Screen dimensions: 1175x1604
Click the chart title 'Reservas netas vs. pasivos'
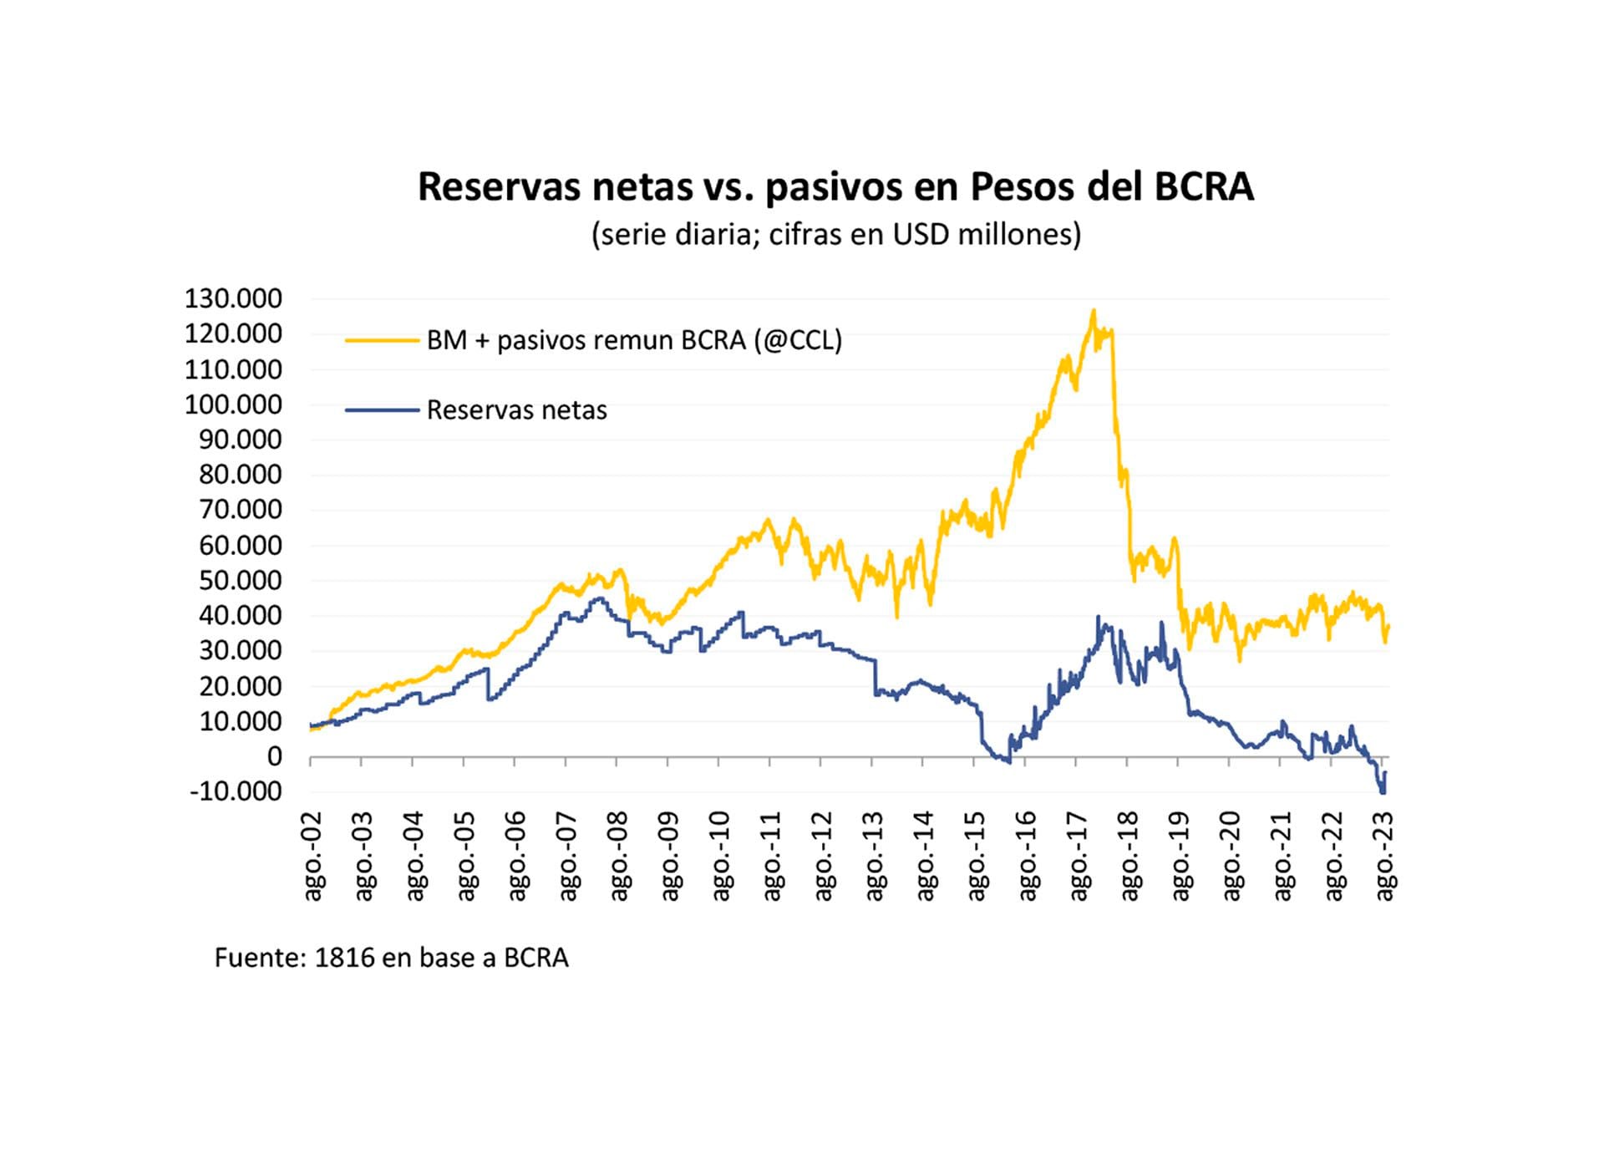(x=835, y=187)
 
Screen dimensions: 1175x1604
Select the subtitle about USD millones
(x=835, y=235)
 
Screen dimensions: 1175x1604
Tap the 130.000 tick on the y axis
(x=233, y=298)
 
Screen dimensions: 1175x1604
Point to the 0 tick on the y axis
(x=274, y=756)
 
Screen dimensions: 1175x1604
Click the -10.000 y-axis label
(x=236, y=791)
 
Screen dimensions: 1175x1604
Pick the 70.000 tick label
(x=240, y=510)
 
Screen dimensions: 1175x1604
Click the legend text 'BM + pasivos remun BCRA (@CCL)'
(x=634, y=340)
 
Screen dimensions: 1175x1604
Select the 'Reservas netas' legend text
(x=516, y=410)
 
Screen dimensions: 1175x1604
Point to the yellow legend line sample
(x=382, y=340)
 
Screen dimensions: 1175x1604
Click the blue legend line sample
(x=382, y=410)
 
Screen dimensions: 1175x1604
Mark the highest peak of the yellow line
(x=1093, y=312)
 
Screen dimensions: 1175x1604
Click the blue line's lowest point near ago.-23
(x=1383, y=792)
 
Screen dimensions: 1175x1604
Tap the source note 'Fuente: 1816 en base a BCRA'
(x=391, y=958)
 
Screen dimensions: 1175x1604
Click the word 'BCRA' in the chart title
(x=1204, y=187)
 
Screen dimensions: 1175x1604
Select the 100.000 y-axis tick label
(x=233, y=404)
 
